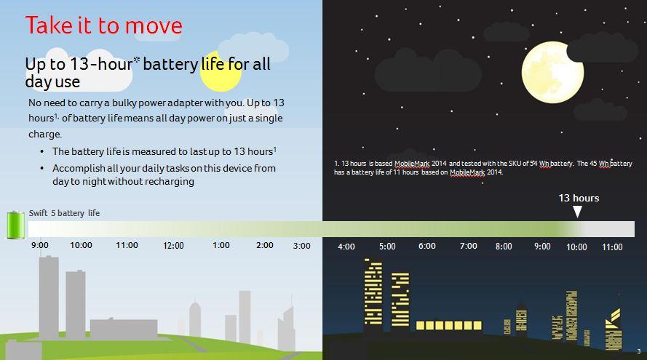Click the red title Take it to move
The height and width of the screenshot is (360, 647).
coord(103,25)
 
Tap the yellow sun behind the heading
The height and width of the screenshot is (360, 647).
coord(221,71)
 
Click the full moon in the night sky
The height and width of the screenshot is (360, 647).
coord(552,73)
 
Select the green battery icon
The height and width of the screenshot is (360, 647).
coord(16,225)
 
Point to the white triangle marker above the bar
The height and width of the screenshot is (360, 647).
coord(578,212)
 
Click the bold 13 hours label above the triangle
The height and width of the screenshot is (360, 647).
coord(579,198)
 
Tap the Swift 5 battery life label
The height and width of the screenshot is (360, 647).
coord(64,213)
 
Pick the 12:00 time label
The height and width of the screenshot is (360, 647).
coord(173,246)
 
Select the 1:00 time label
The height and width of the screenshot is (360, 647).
coord(221,245)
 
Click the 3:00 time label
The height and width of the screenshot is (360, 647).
coord(301,246)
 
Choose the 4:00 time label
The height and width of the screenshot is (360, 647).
coord(346,247)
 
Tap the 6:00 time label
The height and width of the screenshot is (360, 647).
coord(427,247)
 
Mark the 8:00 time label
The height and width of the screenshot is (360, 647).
coord(504,247)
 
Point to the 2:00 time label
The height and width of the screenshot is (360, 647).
coord(264,245)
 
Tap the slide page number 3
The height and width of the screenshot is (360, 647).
coord(639,351)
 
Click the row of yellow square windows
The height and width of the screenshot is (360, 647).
coord(448,325)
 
